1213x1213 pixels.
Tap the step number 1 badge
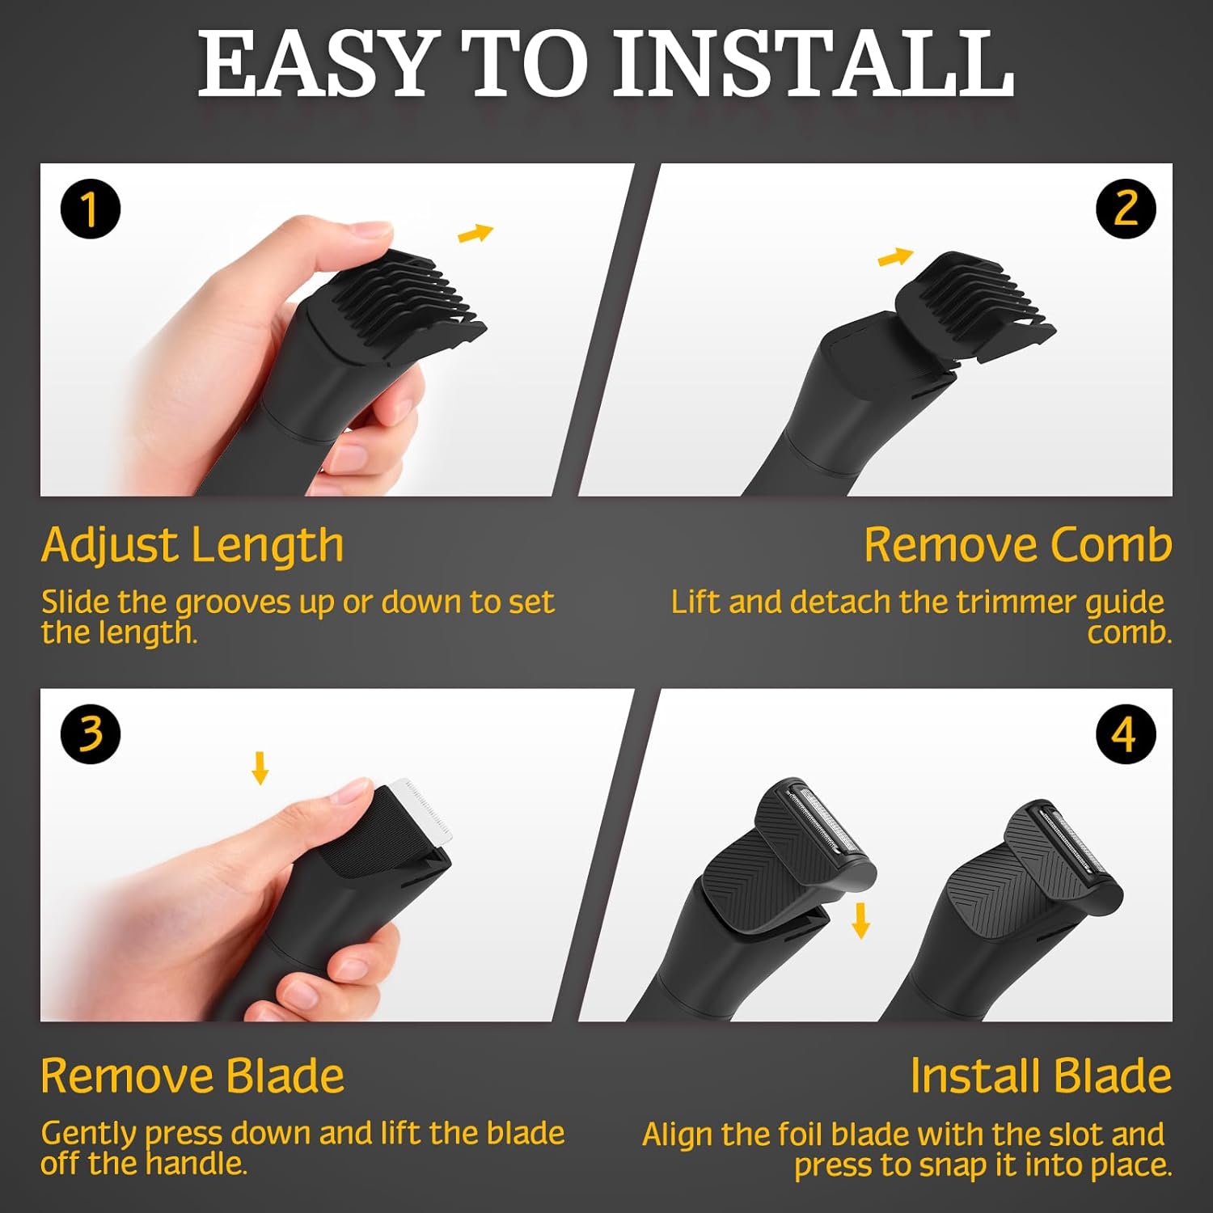coord(90,209)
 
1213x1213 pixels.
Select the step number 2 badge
coord(1125,209)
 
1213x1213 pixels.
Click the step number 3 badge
coord(90,733)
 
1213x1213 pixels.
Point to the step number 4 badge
coord(1125,733)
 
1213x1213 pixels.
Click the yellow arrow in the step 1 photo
coord(475,234)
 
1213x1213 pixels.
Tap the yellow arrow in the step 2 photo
coord(895,257)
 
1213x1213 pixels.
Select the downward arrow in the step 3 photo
coord(260,767)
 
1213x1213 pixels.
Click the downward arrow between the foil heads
coord(861,920)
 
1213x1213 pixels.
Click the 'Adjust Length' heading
coord(192,545)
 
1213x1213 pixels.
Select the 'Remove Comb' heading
coord(1017,545)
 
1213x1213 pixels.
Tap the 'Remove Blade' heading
coord(192,1076)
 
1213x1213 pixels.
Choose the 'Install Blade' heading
coord(1040,1076)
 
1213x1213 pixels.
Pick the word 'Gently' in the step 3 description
coord(88,1135)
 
